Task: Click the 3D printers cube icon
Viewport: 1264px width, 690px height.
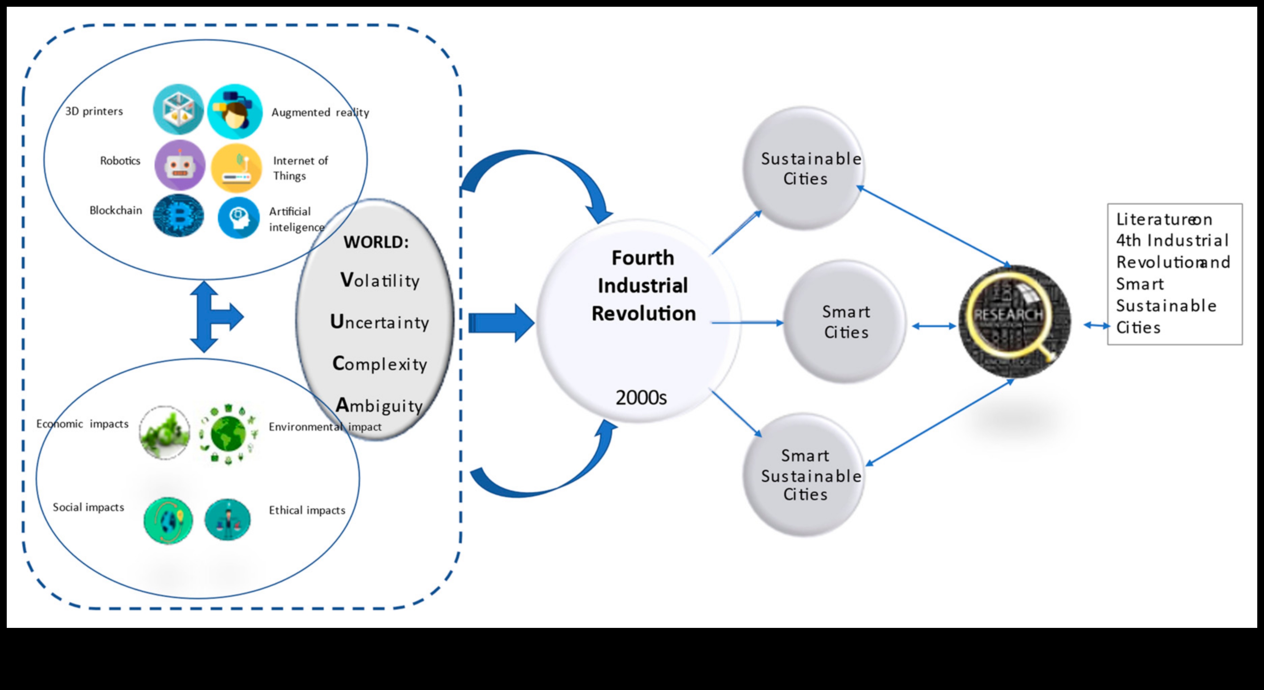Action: tap(178, 109)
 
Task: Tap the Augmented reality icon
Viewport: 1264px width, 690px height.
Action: tap(234, 111)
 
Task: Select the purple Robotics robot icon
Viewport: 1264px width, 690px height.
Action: tap(180, 165)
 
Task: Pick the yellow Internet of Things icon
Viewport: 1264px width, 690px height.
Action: tap(236, 167)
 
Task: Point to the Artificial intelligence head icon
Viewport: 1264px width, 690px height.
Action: tap(238, 217)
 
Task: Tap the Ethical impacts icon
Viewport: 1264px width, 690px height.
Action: tap(228, 520)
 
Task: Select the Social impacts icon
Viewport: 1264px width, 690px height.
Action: tap(168, 521)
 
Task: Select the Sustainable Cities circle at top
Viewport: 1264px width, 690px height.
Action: tap(804, 168)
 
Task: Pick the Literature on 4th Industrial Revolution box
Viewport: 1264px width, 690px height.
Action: tap(1174, 273)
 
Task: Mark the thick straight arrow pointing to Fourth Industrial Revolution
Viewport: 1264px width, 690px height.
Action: tap(500, 323)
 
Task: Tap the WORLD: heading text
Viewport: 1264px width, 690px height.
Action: tap(376, 242)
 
